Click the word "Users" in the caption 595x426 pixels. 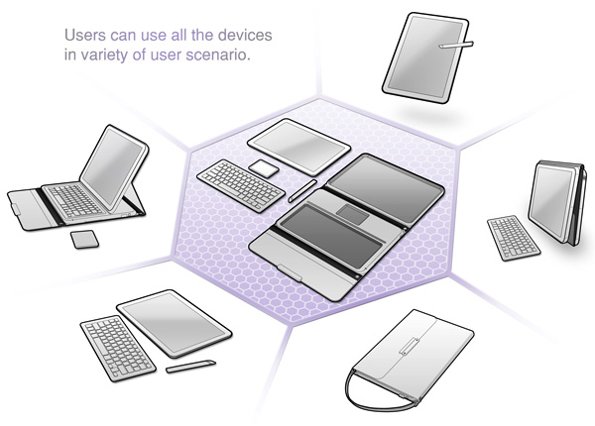pyautogui.click(x=85, y=36)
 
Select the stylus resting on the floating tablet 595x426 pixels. pyautogui.click(x=456, y=45)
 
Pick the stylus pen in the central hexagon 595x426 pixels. pyautogui.click(x=302, y=190)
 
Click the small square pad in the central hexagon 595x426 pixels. pyautogui.click(x=264, y=167)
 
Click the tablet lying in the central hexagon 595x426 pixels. pyautogui.click(x=299, y=147)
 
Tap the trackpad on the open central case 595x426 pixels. pyautogui.click(x=352, y=213)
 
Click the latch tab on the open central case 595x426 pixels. pyautogui.click(x=290, y=272)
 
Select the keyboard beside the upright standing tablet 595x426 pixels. pyautogui.click(x=513, y=238)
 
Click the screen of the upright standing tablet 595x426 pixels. pyautogui.click(x=550, y=202)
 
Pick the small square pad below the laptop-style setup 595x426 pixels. pyautogui.click(x=84, y=239)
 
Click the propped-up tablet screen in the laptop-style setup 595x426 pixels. pyautogui.click(x=113, y=165)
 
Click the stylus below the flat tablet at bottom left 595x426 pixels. pyautogui.click(x=190, y=367)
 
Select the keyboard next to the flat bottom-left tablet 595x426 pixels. pyautogui.click(x=118, y=348)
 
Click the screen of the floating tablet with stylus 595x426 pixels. pyautogui.click(x=425, y=56)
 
